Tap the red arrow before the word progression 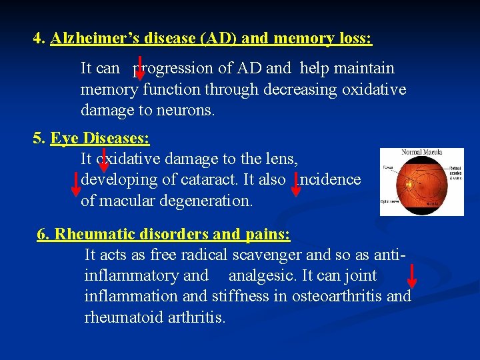click(x=139, y=67)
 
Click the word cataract click(x=212, y=180)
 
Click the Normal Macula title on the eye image click(x=421, y=152)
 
